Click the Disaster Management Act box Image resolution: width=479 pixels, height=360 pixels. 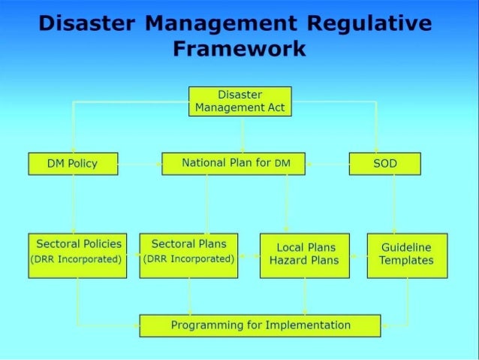point(239,101)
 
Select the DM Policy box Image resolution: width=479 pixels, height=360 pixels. point(73,163)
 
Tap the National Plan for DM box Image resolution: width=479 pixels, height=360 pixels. point(233,163)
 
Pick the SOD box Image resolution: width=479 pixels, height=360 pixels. point(384,163)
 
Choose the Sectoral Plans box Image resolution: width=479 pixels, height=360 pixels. point(188,255)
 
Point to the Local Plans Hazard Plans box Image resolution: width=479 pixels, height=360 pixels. point(304,255)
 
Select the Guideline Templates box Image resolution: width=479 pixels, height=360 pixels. point(406,255)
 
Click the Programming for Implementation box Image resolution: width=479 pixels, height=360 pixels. point(261,325)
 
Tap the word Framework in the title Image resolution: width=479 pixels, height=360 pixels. point(239,50)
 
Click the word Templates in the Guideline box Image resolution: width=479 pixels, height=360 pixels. point(406,261)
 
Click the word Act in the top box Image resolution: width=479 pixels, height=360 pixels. point(274,107)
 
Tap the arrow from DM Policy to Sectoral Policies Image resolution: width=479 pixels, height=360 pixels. point(73,203)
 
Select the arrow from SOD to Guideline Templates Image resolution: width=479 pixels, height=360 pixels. point(394,203)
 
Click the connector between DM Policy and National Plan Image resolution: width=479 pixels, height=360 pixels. point(140,163)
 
